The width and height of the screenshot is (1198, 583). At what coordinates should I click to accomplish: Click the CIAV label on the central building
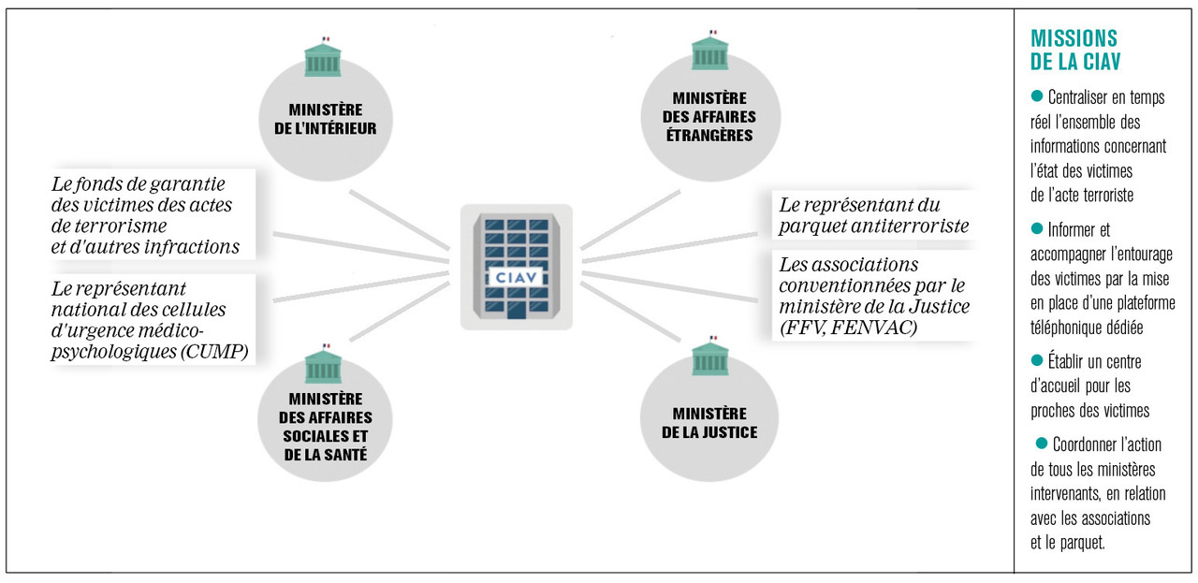pos(516,278)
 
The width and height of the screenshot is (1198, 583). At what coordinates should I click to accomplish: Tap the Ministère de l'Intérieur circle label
pos(325,119)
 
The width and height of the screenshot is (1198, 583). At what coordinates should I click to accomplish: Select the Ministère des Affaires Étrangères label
pos(709,116)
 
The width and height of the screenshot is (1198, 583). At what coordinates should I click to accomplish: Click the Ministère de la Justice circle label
pos(709,423)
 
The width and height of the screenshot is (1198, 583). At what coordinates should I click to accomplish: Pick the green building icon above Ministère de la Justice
pos(709,357)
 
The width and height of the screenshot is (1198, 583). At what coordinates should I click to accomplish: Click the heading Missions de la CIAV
pos(1074,50)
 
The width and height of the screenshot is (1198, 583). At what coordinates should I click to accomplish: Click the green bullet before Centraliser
pos(1036,96)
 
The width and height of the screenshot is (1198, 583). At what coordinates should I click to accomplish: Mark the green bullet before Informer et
pos(1036,228)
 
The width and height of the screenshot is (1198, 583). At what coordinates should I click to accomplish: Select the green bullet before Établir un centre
pos(1036,360)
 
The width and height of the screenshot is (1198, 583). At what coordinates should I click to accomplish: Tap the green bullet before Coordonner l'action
pos(1040,443)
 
